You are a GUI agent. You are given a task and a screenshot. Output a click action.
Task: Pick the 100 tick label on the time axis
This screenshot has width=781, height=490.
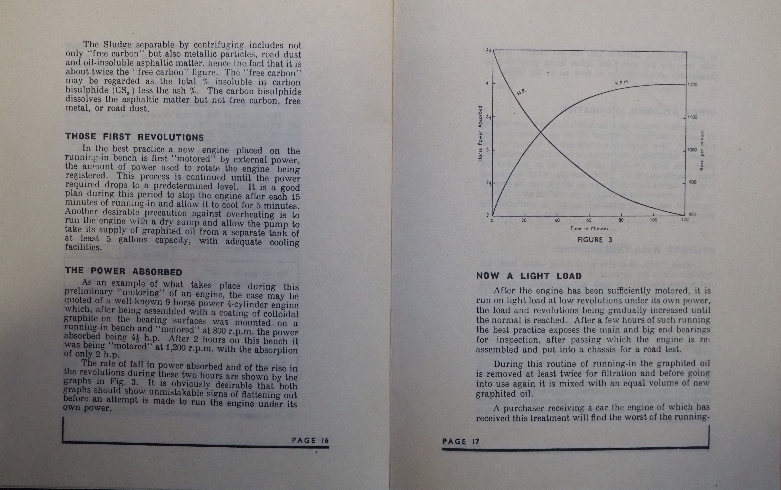pyautogui.click(x=653, y=220)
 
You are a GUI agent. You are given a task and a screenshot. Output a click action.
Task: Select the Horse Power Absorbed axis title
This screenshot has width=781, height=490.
pyautogui.click(x=480, y=133)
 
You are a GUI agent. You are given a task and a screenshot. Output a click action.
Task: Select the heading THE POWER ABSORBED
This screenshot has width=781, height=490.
pyautogui.click(x=124, y=271)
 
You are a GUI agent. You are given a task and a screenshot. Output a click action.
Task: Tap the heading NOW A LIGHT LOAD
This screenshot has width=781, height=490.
pyautogui.click(x=529, y=276)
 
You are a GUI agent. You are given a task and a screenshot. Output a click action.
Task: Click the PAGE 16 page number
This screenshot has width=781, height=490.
pyautogui.click(x=310, y=440)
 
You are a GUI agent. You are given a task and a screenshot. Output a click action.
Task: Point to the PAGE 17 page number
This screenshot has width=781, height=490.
pyautogui.click(x=461, y=441)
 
